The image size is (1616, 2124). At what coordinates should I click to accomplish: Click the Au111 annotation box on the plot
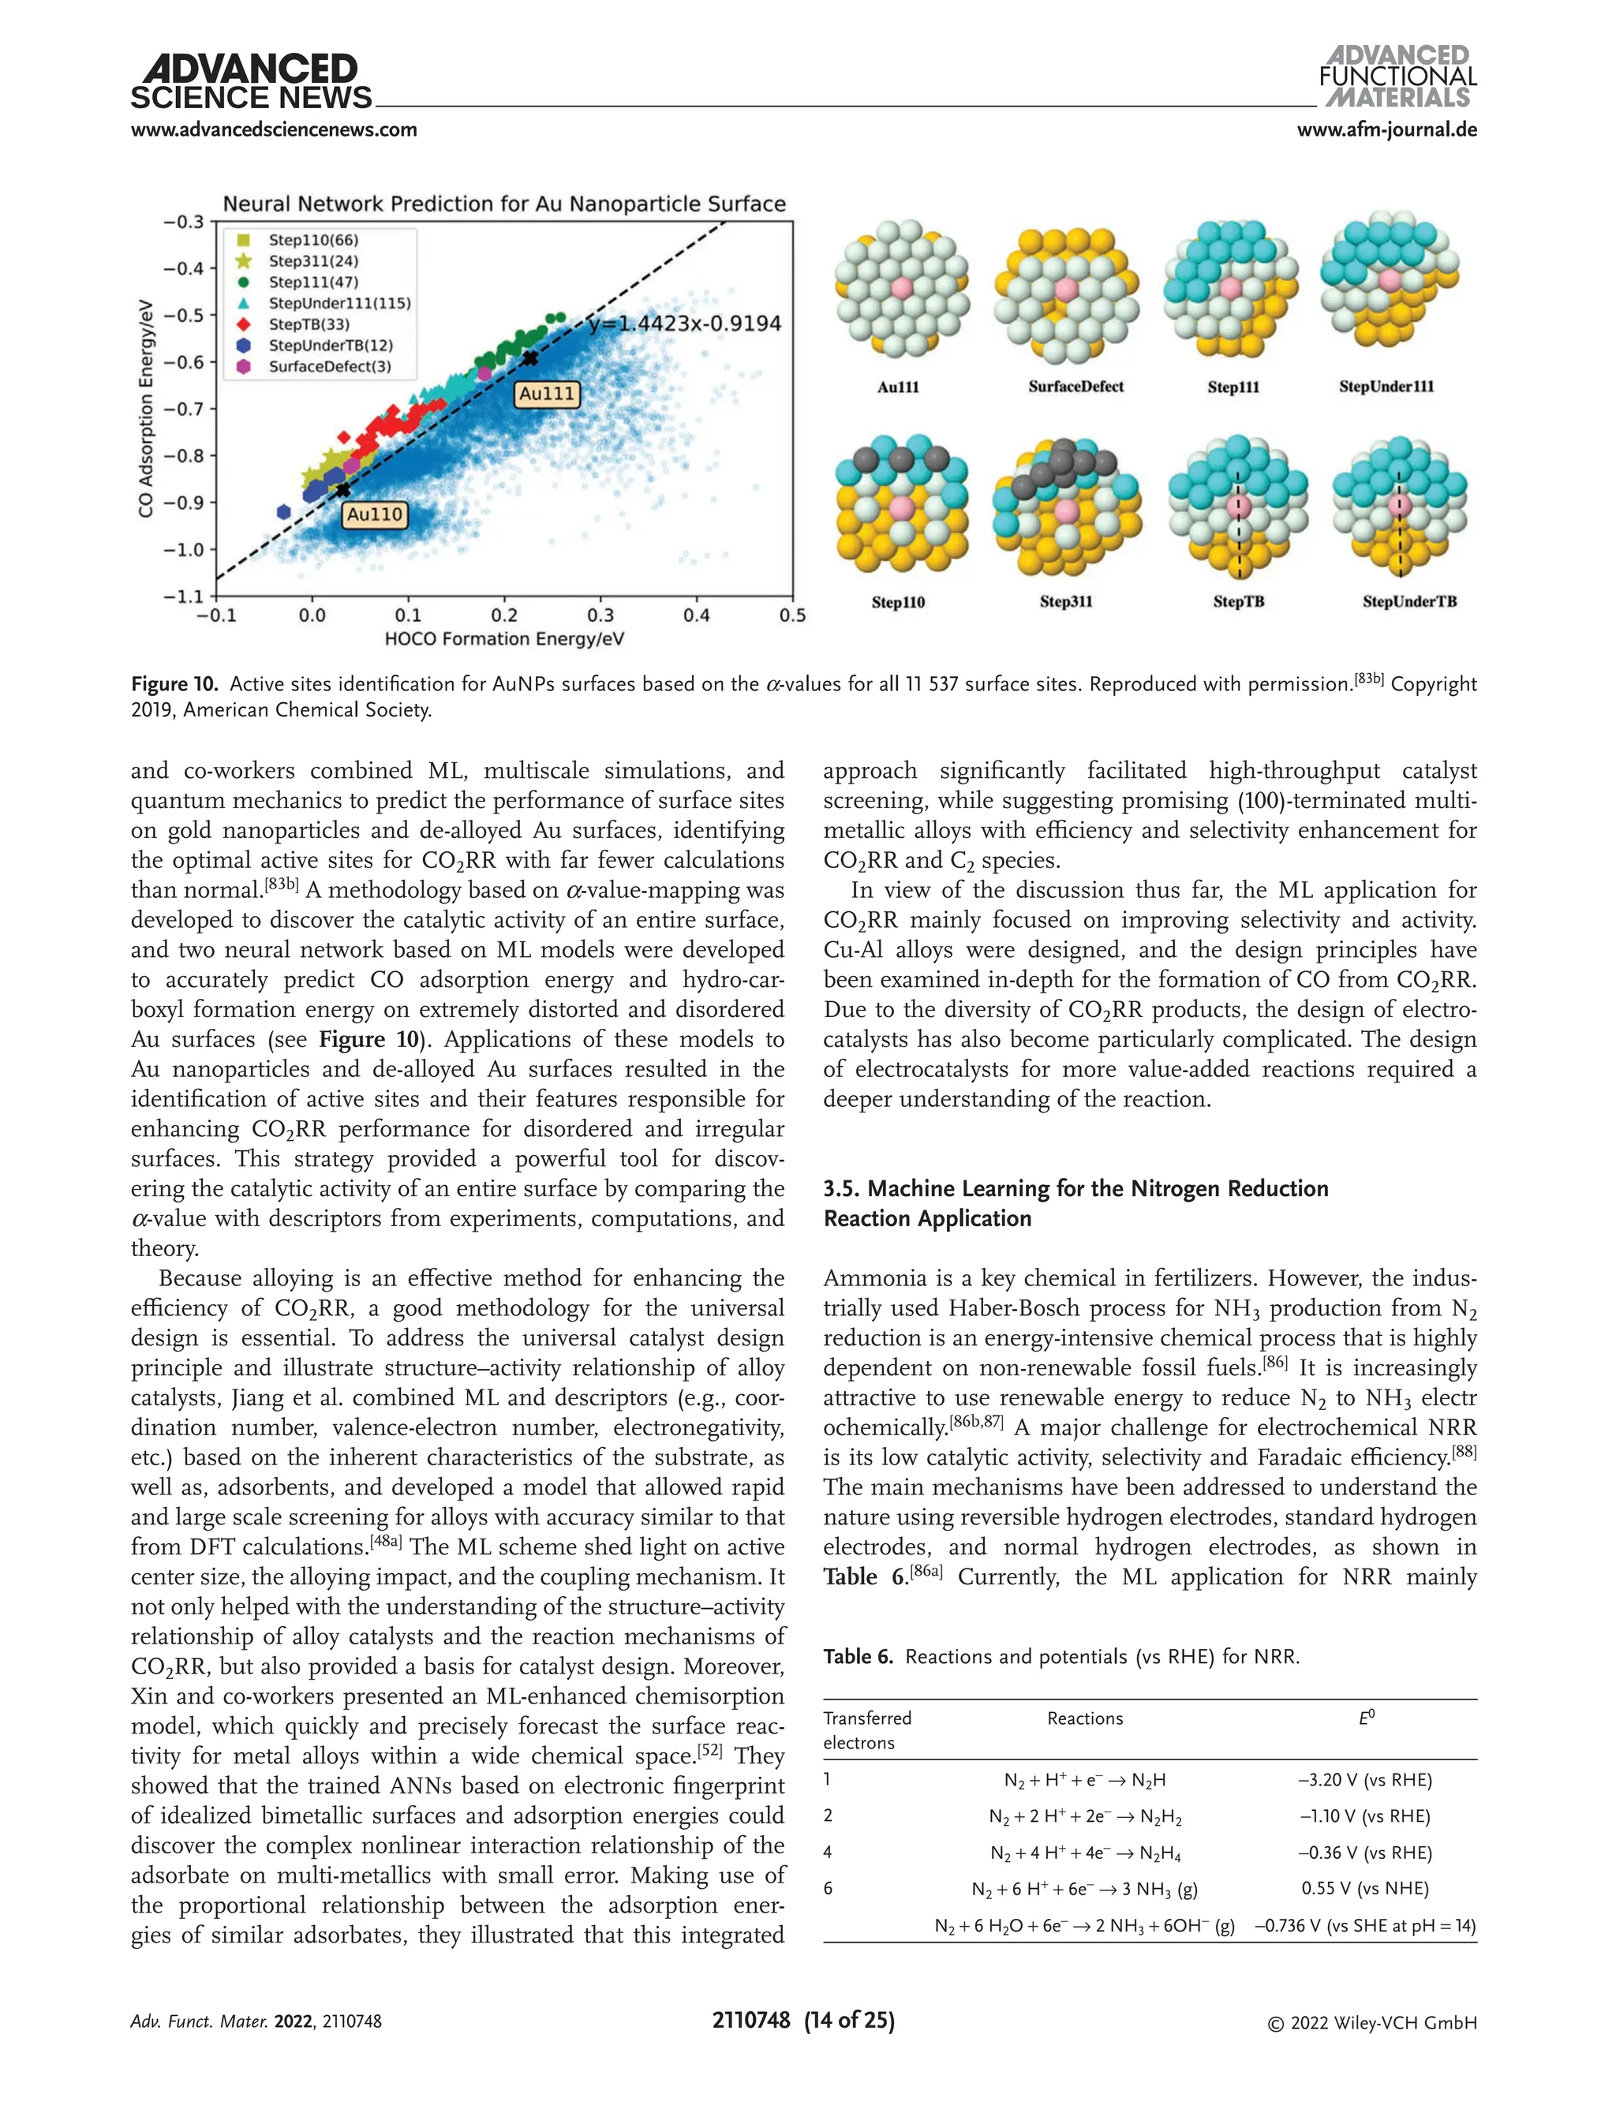pyautogui.click(x=546, y=394)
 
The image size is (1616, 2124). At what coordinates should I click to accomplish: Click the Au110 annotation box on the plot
pyautogui.click(x=374, y=514)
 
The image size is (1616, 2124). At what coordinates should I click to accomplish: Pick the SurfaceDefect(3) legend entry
pyautogui.click(x=329, y=367)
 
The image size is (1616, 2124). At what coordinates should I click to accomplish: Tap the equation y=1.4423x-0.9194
pyautogui.click(x=684, y=323)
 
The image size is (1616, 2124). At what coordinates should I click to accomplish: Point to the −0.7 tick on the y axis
pyautogui.click(x=183, y=409)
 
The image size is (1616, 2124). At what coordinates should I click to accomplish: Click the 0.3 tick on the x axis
pyautogui.click(x=600, y=615)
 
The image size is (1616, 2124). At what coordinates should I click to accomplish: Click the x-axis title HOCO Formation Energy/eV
pyautogui.click(x=504, y=639)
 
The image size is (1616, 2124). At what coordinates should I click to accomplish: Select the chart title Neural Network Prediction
pyautogui.click(x=504, y=204)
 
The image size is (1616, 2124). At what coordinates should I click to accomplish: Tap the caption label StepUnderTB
pyautogui.click(x=1409, y=602)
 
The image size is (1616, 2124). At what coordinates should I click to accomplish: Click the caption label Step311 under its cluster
pyautogui.click(x=1066, y=602)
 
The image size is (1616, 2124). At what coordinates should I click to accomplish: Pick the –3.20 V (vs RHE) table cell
pyautogui.click(x=1365, y=1780)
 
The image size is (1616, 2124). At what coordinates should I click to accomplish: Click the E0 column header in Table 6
pyautogui.click(x=1366, y=1718)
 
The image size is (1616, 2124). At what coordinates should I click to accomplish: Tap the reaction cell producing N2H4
pyautogui.click(x=1085, y=1853)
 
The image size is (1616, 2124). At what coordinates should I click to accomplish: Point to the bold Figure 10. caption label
pyautogui.click(x=175, y=684)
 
